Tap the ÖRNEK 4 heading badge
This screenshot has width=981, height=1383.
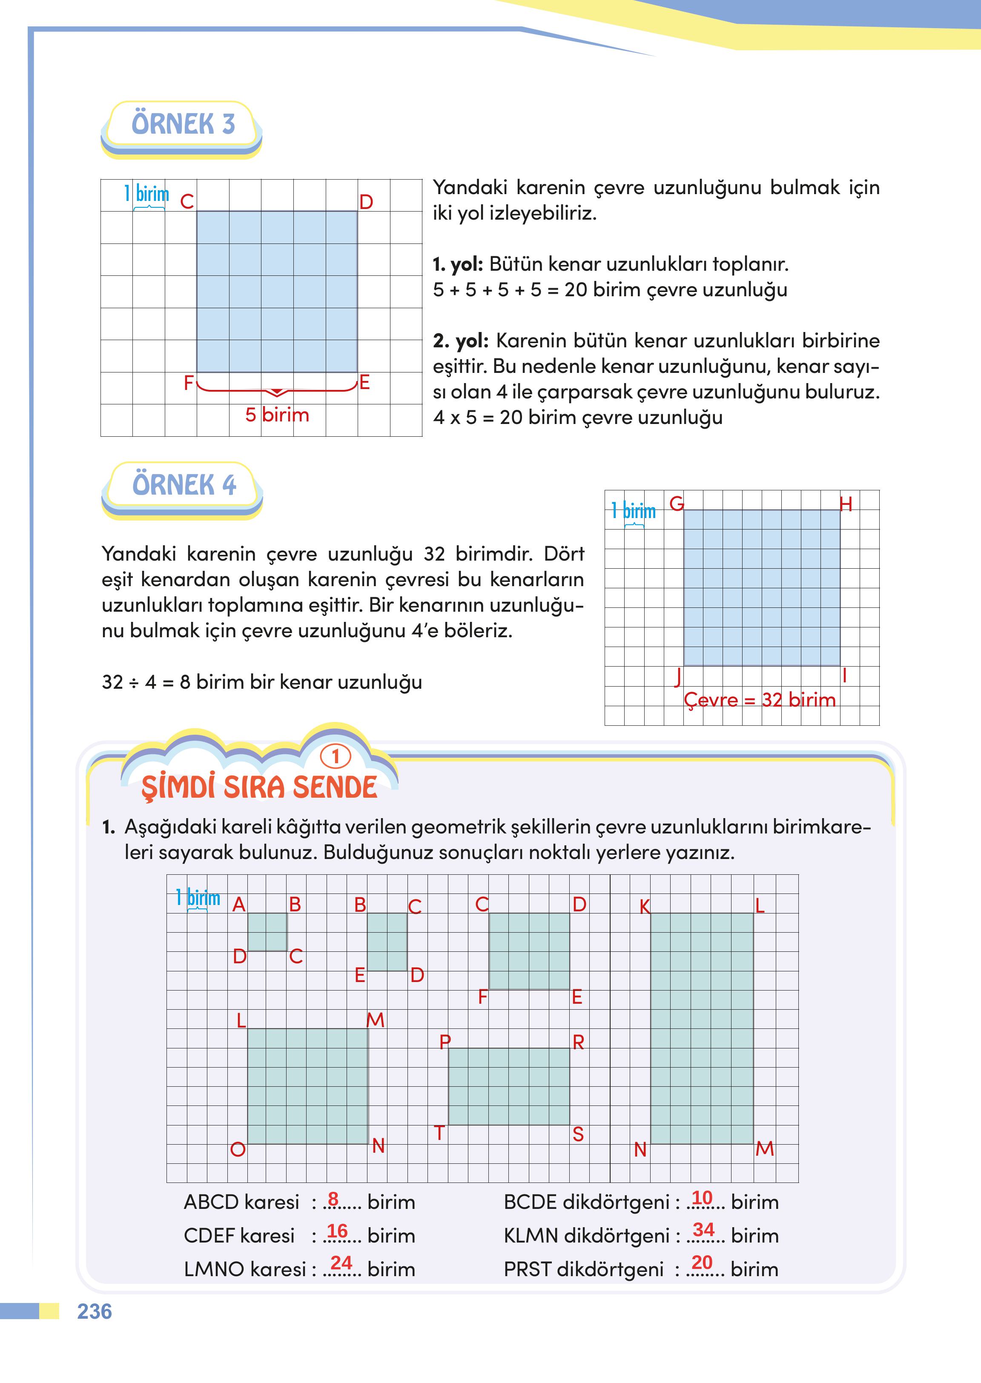point(184,486)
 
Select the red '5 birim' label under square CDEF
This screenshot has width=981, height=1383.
point(277,415)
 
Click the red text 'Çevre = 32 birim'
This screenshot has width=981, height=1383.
point(759,700)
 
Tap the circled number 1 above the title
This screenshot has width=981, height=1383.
point(335,756)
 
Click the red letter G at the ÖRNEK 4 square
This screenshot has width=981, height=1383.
point(677,503)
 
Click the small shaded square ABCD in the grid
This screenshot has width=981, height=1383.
point(267,931)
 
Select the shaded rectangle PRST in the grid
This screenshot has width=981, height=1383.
point(509,1086)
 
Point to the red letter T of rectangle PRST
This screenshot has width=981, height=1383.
point(439,1134)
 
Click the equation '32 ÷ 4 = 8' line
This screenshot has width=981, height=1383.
point(261,682)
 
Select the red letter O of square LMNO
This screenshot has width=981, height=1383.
point(238,1149)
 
